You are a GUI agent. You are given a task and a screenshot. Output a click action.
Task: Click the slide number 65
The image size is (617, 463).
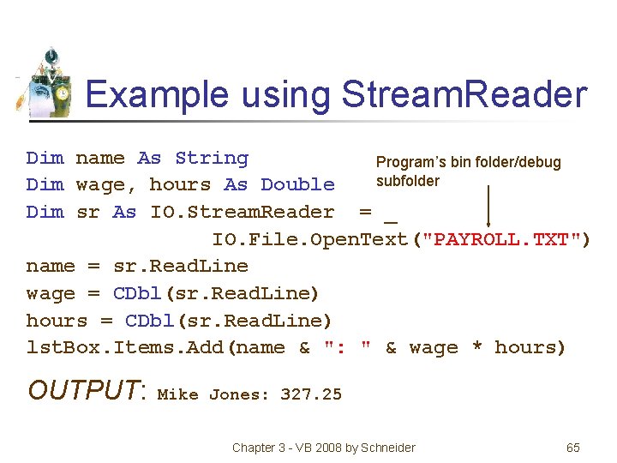(x=573, y=448)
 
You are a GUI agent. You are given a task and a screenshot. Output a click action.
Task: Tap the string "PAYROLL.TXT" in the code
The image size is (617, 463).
(x=500, y=238)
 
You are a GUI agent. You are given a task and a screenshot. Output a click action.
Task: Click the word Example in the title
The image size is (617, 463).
(x=157, y=94)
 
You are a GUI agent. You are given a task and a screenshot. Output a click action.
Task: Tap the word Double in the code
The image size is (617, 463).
(x=297, y=184)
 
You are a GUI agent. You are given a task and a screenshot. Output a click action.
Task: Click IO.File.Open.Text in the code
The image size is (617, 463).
(x=310, y=238)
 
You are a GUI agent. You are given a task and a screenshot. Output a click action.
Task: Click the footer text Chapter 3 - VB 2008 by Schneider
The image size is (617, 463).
(x=324, y=448)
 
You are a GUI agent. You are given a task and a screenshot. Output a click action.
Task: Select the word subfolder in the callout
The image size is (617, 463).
(x=408, y=181)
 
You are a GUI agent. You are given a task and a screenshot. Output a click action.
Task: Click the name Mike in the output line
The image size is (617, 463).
(x=177, y=394)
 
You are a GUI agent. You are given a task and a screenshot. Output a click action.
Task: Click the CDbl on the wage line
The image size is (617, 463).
(x=137, y=293)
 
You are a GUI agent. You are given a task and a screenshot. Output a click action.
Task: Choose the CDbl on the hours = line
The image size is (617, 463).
(x=150, y=321)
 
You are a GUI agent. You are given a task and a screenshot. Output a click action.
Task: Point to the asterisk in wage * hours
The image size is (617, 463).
(x=476, y=348)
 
